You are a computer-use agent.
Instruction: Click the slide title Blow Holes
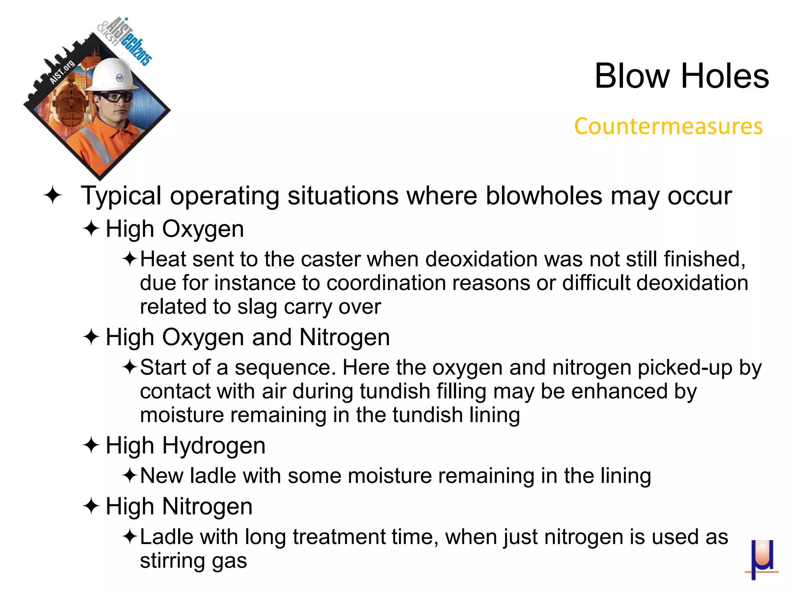(681, 76)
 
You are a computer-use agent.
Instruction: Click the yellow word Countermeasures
(668, 126)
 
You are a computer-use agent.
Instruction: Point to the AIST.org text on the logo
(62, 72)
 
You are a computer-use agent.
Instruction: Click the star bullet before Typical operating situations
(53, 195)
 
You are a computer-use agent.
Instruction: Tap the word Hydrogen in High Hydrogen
(214, 446)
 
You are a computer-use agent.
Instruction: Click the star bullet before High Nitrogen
(91, 506)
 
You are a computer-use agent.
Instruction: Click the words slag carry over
(309, 307)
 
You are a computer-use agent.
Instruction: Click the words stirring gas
(193, 561)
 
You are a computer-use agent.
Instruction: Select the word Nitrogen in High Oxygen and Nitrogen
(345, 337)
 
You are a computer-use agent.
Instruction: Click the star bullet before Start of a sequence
(129, 367)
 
